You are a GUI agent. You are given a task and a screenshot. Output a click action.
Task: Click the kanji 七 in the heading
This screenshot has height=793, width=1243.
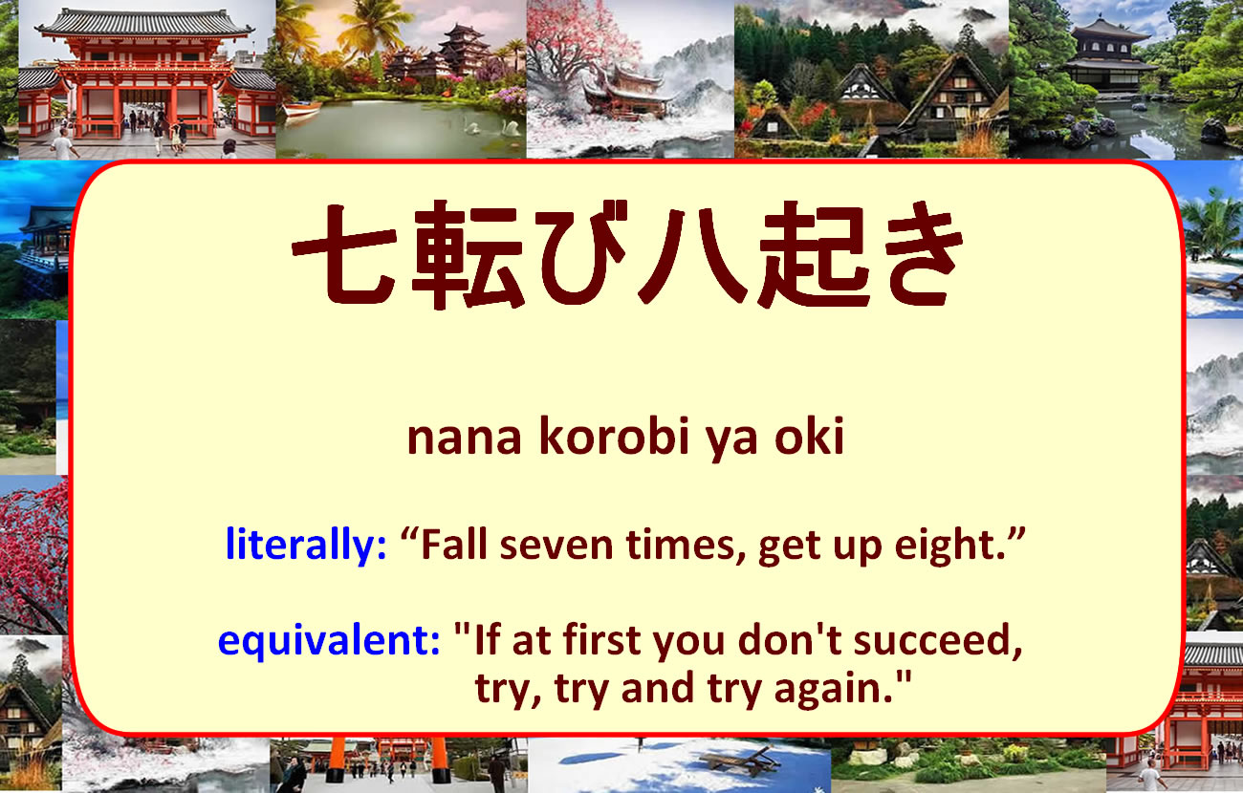[x=345, y=254]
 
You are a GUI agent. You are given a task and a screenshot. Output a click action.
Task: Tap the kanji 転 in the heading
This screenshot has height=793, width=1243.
[x=468, y=255]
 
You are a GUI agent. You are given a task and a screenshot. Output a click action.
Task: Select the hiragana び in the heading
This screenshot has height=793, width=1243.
[x=582, y=252]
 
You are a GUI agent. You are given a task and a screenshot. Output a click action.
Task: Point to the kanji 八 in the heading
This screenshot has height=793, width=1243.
[x=692, y=256]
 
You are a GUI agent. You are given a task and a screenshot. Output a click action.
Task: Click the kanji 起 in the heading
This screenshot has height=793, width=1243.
[x=814, y=255]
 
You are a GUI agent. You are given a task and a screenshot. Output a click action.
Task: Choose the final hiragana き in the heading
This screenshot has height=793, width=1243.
[x=922, y=253]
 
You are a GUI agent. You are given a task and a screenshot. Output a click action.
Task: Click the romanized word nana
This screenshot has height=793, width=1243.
[x=465, y=439]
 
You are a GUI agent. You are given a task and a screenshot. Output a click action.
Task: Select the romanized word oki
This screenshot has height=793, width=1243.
[x=810, y=436]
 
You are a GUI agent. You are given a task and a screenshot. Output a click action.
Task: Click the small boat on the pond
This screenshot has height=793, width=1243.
[x=302, y=109]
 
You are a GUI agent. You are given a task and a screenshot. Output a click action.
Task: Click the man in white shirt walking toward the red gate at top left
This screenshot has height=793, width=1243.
[x=63, y=144]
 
